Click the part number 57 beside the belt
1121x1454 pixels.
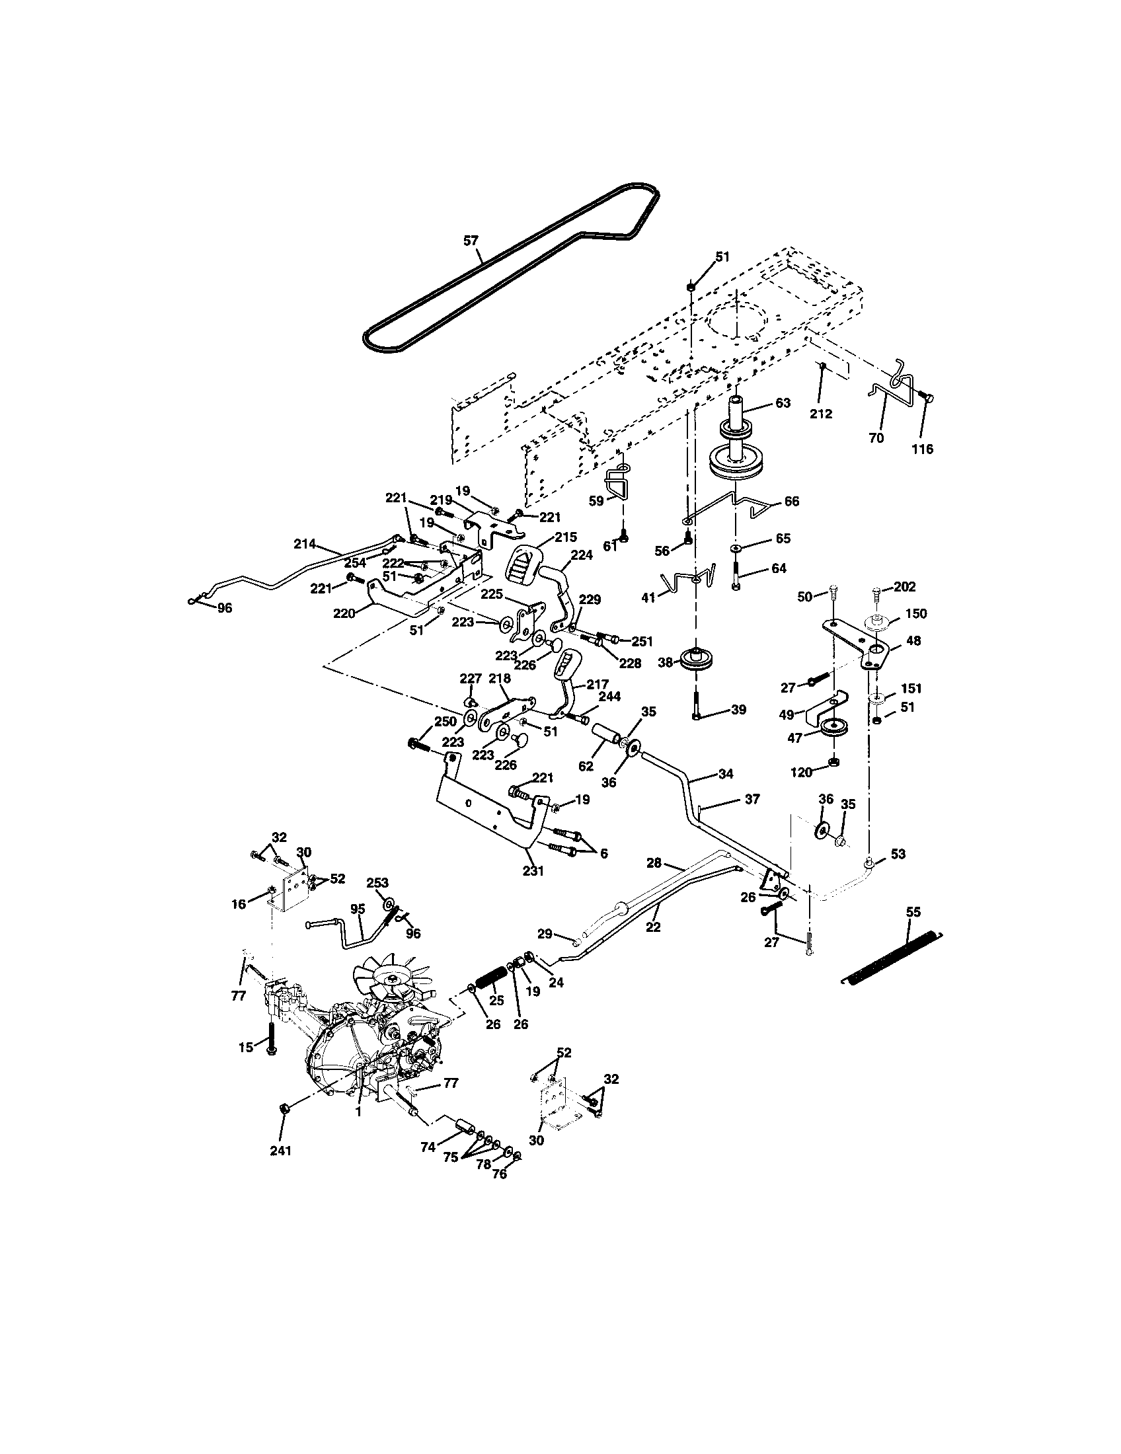(x=471, y=241)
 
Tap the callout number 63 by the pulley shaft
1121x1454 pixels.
(x=783, y=402)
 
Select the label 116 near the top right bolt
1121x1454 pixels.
(x=922, y=449)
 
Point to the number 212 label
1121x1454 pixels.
(x=821, y=414)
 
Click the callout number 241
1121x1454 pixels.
(x=280, y=1151)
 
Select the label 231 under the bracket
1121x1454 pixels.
(x=533, y=870)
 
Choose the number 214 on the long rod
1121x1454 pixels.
(x=305, y=544)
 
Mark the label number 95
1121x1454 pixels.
(x=358, y=909)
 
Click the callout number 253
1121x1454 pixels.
(x=377, y=883)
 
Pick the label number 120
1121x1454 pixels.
(x=801, y=772)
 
